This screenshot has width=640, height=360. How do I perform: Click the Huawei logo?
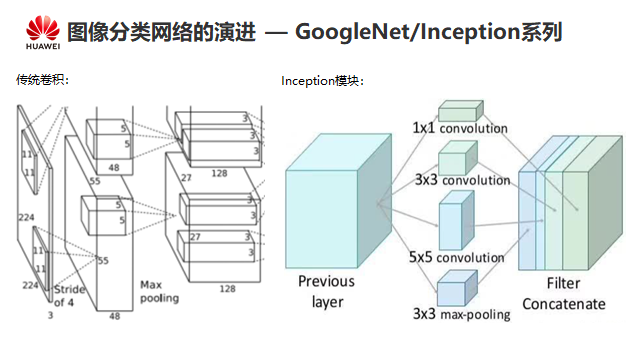[43, 33]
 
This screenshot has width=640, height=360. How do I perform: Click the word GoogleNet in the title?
[352, 32]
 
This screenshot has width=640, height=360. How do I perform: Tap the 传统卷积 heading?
[42, 80]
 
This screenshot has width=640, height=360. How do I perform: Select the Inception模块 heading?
[322, 81]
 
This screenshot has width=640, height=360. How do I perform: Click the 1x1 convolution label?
[460, 128]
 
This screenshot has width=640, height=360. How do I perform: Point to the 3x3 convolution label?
[462, 180]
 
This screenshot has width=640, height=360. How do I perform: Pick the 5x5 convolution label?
[457, 257]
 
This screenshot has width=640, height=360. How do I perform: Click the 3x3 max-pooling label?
[461, 314]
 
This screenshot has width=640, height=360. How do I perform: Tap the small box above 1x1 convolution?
[461, 111]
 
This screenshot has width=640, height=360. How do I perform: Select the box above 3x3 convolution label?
[458, 158]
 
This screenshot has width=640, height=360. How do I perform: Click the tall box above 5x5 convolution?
[456, 221]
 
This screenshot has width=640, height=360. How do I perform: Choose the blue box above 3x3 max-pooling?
[457, 289]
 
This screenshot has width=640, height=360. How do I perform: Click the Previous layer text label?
[327, 291]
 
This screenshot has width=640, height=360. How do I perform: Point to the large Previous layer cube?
[338, 201]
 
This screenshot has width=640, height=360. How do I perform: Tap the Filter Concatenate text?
[564, 293]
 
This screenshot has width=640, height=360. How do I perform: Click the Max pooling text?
[159, 291]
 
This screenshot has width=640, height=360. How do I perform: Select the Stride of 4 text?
[69, 296]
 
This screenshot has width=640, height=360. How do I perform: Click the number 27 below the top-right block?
[186, 178]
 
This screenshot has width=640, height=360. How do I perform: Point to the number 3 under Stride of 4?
[50, 316]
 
